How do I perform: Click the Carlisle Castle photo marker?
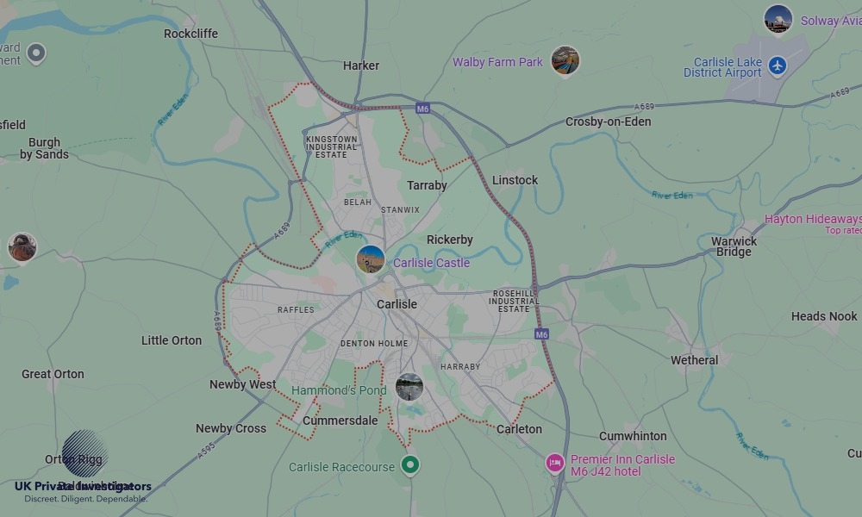tap(371, 258)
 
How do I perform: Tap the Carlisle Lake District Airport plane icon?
tap(778, 65)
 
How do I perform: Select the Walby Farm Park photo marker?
tap(565, 60)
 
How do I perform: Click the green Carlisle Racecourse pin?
tap(411, 465)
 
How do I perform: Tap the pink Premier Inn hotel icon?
tap(555, 464)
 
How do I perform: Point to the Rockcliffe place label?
tap(191, 34)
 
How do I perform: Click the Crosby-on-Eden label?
tap(608, 121)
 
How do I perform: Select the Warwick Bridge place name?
tap(734, 246)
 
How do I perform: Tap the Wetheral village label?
tap(694, 360)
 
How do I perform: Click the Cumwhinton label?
tap(633, 436)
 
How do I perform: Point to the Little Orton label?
tap(172, 340)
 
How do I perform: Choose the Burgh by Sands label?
tap(44, 148)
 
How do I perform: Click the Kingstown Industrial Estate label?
tap(331, 146)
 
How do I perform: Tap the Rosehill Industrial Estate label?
tap(514, 301)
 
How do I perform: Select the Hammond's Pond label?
tap(339, 390)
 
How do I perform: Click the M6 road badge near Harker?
tap(422, 109)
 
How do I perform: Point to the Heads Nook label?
tap(824, 316)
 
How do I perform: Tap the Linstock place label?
tap(515, 180)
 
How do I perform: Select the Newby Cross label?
tap(231, 428)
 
